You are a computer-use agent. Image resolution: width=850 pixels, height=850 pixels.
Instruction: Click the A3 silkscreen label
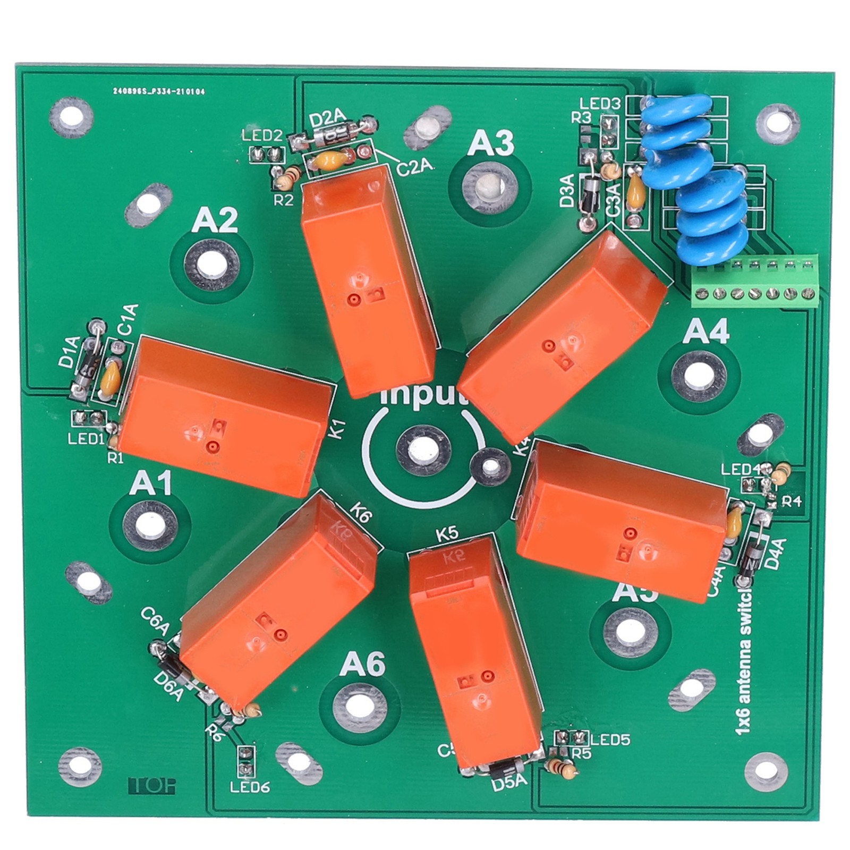point(490,143)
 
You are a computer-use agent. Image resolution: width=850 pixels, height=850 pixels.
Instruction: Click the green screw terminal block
point(754,282)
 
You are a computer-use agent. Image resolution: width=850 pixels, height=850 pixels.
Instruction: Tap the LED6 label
point(250,787)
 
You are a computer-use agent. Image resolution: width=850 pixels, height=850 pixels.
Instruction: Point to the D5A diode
point(503,769)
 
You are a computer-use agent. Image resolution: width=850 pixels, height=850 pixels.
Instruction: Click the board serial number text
point(158,91)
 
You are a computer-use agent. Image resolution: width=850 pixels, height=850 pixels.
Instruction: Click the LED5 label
point(610,739)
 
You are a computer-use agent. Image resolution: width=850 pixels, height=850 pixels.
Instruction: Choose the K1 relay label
point(339,429)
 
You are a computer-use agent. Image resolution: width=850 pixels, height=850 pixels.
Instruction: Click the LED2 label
point(261,135)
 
